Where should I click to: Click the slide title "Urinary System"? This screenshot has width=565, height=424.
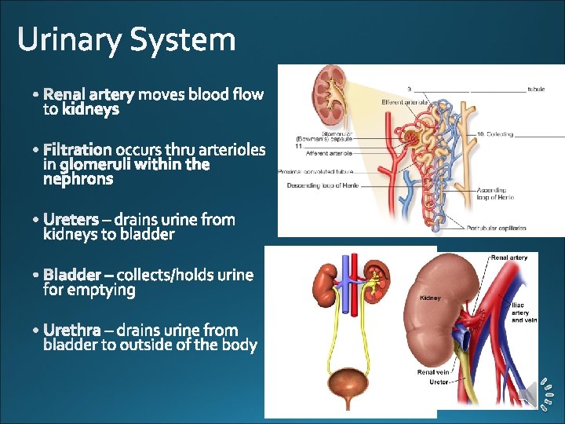(x=126, y=39)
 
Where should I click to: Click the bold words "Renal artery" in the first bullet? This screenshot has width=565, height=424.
(x=89, y=95)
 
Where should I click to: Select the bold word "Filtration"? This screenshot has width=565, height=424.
(x=78, y=149)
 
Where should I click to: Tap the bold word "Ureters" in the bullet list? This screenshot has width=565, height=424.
(x=71, y=219)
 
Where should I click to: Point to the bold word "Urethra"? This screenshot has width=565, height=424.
(x=71, y=330)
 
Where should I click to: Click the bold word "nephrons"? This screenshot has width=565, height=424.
(x=78, y=179)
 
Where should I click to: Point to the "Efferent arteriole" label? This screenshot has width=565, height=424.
(x=404, y=102)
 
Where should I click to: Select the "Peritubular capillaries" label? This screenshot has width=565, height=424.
(x=496, y=228)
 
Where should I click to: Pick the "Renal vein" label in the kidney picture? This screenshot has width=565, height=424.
(x=433, y=372)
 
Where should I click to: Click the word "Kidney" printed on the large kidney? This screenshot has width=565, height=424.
(x=432, y=298)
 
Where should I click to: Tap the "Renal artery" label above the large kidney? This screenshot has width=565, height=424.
(x=509, y=257)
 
